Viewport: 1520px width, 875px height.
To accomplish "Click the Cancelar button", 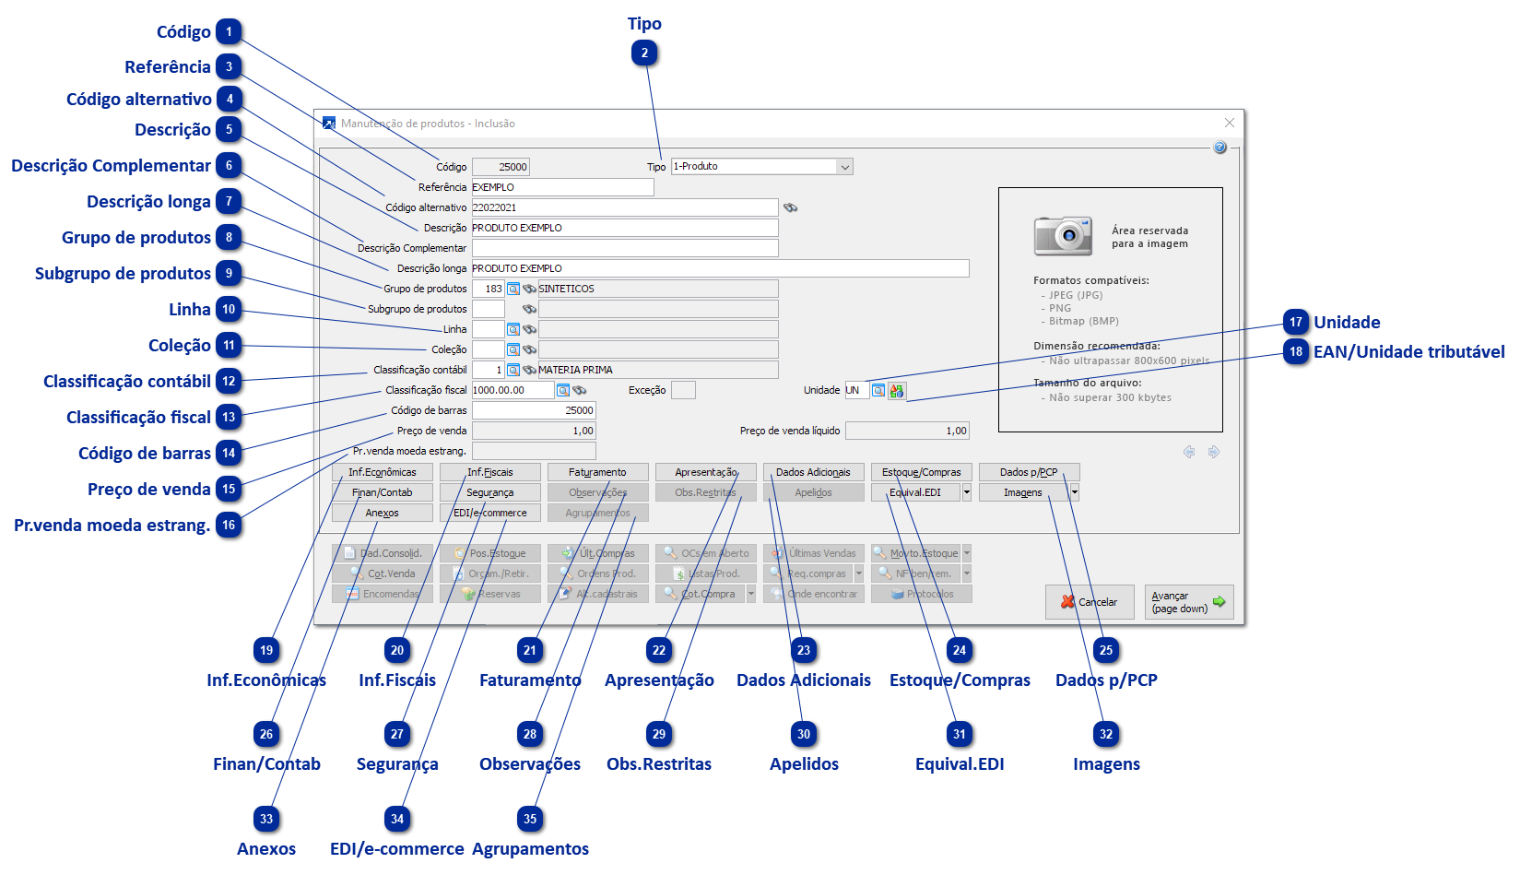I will click(x=1089, y=602).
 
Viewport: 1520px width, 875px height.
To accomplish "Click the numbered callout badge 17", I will click(x=1296, y=323).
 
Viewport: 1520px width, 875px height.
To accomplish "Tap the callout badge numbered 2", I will click(x=644, y=53).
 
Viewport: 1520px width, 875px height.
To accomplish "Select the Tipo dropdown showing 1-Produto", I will click(x=761, y=167).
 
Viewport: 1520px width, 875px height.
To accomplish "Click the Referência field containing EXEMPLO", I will click(x=562, y=187).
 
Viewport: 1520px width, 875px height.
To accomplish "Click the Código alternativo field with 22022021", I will click(x=624, y=207).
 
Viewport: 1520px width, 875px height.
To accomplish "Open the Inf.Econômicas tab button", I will click(x=382, y=472).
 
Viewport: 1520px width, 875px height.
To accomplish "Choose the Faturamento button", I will click(x=597, y=472).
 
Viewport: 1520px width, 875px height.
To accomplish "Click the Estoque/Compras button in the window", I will click(x=921, y=472).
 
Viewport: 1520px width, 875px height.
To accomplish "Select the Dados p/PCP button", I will click(x=1029, y=472).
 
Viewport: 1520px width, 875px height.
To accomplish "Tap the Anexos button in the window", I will click(x=382, y=513).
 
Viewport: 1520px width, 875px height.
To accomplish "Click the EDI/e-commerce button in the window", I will click(x=489, y=513).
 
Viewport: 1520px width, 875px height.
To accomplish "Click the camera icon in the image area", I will click(x=1063, y=236).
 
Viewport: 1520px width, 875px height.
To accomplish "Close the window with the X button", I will click(x=1229, y=123).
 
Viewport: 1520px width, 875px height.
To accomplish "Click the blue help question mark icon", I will click(x=1220, y=148).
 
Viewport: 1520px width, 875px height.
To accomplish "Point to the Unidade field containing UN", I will click(x=856, y=390).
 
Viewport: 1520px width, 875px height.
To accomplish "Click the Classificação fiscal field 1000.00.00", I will click(x=513, y=390).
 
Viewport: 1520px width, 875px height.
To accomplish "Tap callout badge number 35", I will click(x=530, y=819).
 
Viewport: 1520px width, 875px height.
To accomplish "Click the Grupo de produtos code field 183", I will click(x=489, y=289).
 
